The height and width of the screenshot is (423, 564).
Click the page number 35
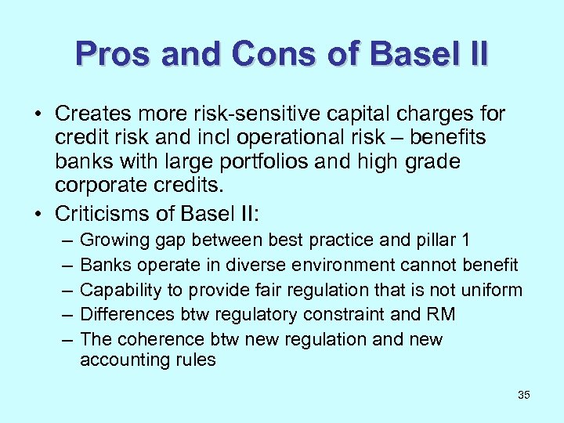tap(524, 395)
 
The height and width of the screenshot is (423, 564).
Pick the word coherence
tap(159, 339)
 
